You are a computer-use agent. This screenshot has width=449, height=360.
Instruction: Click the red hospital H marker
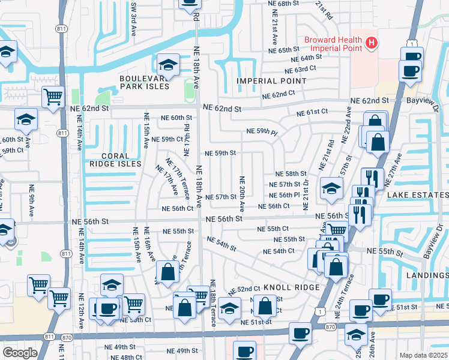(372, 43)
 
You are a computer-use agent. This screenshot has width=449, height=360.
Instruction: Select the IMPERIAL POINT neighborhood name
(271, 81)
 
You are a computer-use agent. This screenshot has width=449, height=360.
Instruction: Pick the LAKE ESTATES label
(418, 195)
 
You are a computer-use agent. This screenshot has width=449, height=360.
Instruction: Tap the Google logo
(20, 353)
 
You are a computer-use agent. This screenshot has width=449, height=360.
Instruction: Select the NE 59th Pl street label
(262, 131)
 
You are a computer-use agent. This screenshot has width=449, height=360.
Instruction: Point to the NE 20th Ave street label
(242, 194)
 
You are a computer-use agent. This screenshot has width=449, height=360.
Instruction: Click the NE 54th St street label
(221, 244)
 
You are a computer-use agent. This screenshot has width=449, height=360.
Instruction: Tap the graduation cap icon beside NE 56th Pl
(331, 188)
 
